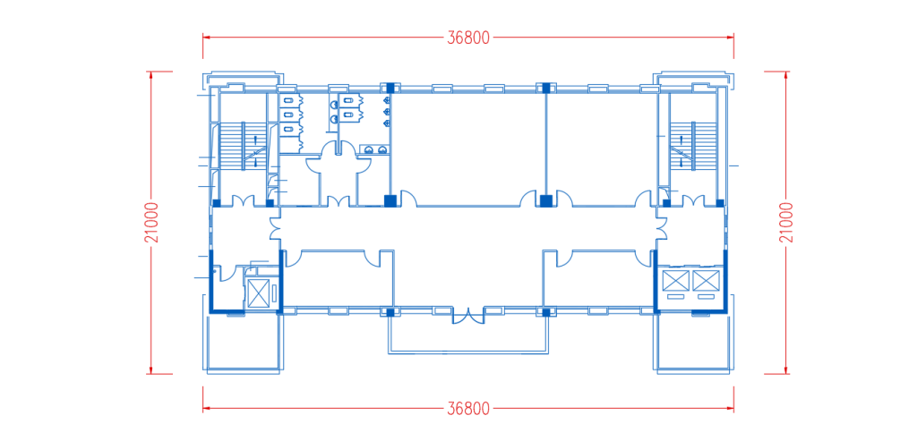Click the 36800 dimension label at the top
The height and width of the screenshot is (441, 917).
[x=467, y=38]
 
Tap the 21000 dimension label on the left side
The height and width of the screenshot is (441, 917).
[x=152, y=223]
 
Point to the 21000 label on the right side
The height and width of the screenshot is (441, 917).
[x=787, y=223]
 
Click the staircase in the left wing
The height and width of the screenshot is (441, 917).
[x=242, y=146]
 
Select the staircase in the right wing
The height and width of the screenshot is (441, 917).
[x=693, y=146]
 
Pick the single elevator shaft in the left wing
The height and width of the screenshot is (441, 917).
[x=261, y=292]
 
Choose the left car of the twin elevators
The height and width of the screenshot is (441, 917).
[x=674, y=280]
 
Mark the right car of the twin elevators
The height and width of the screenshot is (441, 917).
[x=704, y=280]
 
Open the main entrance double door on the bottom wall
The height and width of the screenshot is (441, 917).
[x=467, y=316]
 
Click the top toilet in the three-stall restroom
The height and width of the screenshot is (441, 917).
[x=288, y=101]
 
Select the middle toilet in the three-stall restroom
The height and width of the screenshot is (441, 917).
[x=288, y=114]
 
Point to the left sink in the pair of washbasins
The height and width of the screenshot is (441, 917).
[x=369, y=149]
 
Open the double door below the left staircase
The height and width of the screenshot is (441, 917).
[x=243, y=200]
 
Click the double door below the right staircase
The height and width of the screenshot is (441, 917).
[x=693, y=200]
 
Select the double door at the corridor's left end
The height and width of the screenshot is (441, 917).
[x=276, y=228]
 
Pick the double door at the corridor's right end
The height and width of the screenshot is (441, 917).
[x=661, y=228]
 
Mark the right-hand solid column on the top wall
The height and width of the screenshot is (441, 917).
[x=545, y=88]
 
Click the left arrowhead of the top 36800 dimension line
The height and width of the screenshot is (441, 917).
[x=207, y=38]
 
